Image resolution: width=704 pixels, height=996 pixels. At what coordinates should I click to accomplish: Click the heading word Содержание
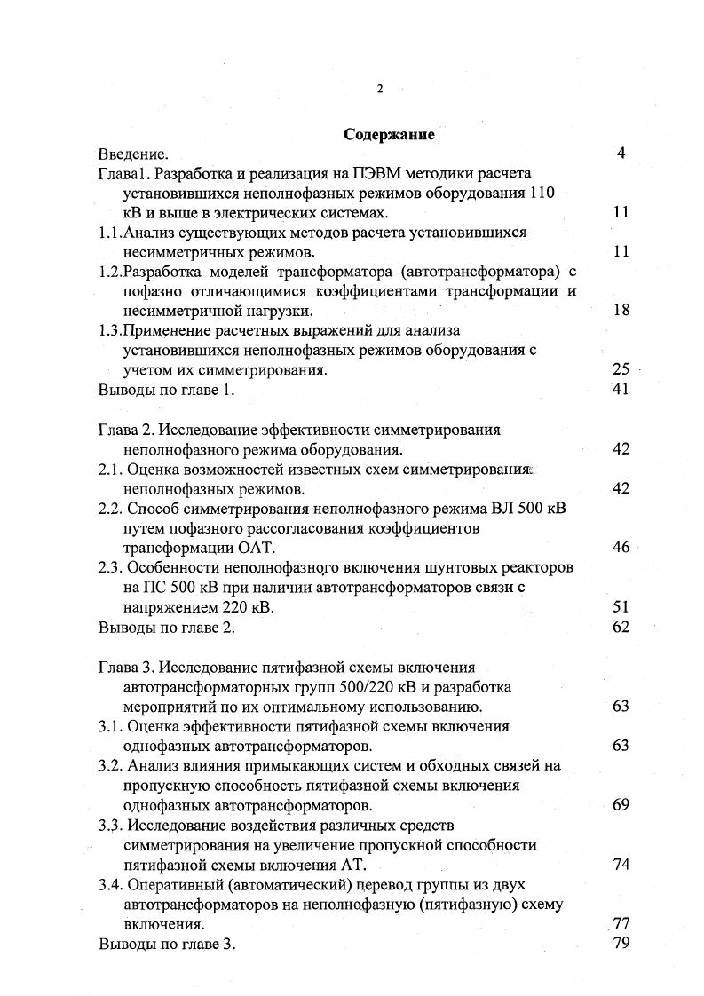[389, 136]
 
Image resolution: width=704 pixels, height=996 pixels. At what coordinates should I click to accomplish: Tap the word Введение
[133, 154]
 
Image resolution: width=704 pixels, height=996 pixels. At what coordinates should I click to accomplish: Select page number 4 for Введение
[621, 154]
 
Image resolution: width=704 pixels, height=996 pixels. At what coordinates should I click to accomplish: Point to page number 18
[621, 312]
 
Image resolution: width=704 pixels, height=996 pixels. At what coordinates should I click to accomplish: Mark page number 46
[621, 548]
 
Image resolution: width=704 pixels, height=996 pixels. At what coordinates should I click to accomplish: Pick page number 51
[621, 607]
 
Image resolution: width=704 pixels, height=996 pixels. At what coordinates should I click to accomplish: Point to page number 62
[621, 627]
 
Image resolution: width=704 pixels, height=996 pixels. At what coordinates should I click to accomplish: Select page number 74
[621, 866]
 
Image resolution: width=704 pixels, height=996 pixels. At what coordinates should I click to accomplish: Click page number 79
[621, 944]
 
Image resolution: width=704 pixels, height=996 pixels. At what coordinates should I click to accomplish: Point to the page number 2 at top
[379, 88]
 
